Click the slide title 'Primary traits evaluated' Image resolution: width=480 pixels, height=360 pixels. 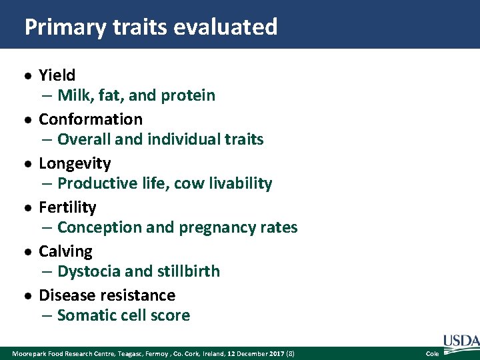point(151,27)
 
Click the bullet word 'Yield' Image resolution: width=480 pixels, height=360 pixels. point(57,75)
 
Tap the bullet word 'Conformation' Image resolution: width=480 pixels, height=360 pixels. point(91,119)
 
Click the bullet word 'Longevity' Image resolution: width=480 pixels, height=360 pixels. point(75,163)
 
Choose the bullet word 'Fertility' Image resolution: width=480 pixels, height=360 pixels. point(67,207)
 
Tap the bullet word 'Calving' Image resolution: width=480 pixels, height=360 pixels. point(65,251)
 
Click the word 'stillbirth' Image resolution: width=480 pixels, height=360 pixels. point(188,271)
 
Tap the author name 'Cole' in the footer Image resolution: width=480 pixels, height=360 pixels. point(432,353)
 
